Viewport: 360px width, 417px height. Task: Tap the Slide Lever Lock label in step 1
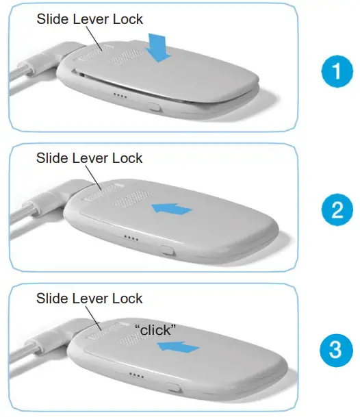pos(90,18)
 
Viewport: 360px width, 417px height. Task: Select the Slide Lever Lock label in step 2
pos(90,158)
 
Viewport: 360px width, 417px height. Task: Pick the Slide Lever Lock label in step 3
pos(90,299)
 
